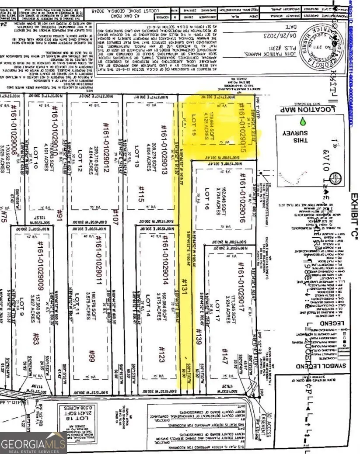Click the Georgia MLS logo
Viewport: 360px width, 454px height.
33,441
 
